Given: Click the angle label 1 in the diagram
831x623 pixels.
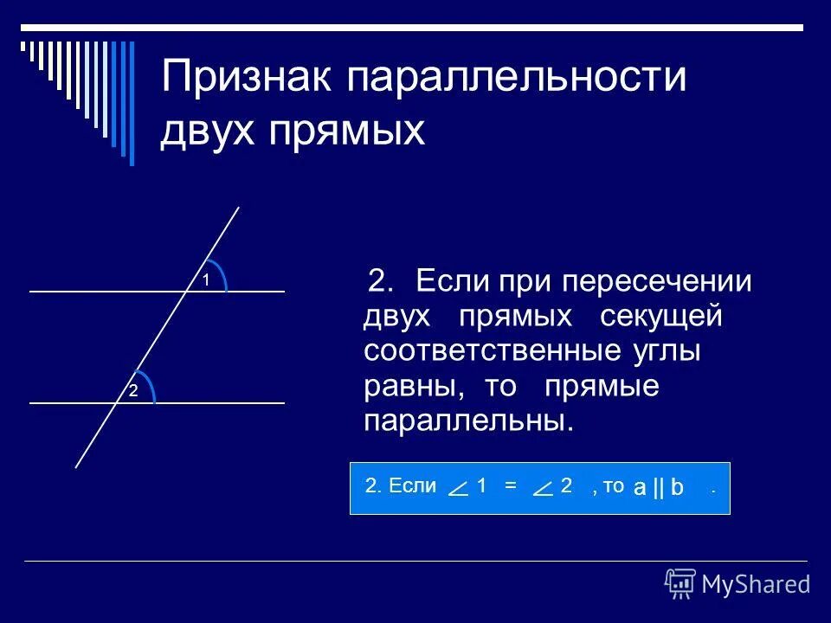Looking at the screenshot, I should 207,279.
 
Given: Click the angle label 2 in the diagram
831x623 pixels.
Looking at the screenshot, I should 134,391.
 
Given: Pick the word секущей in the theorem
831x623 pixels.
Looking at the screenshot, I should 660,318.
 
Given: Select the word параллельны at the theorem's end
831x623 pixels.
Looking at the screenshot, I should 468,421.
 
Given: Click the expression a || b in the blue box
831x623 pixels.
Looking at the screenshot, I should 659,488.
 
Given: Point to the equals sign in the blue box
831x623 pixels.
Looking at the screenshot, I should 511,485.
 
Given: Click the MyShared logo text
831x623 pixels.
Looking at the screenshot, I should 756,584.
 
